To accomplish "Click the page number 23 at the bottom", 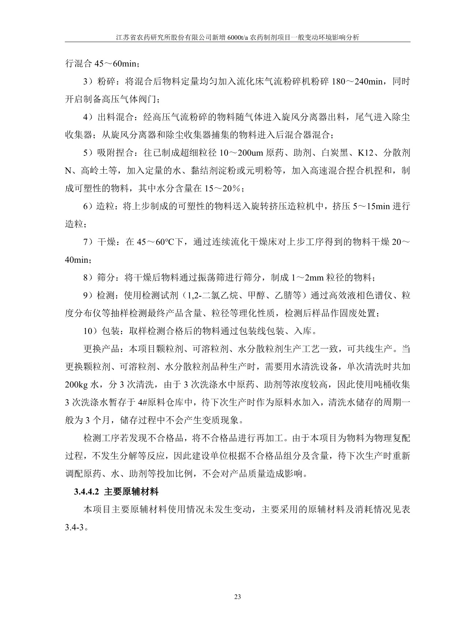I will pyautogui.click(x=237, y=597).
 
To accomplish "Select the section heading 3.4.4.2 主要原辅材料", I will pyautogui.click(x=116, y=492).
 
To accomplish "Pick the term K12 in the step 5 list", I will pyautogui.click(x=365, y=153).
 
